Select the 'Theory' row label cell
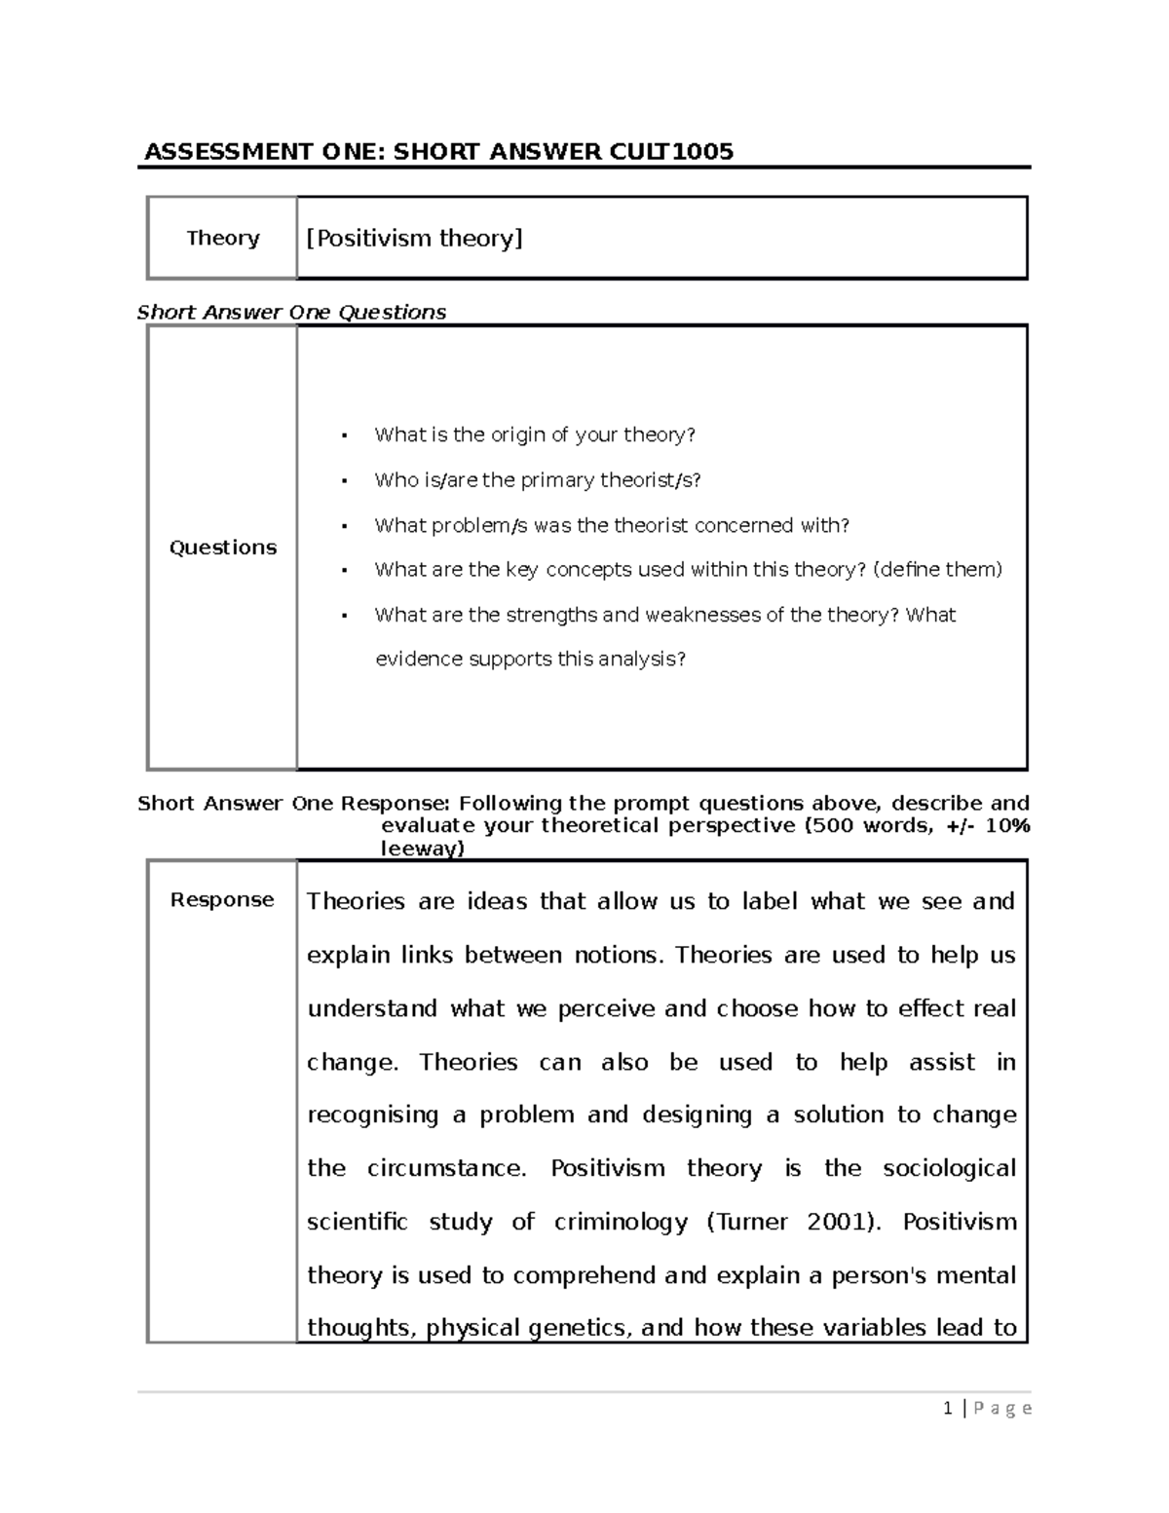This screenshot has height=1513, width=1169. [x=223, y=238]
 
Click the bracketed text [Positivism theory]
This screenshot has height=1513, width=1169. [x=415, y=238]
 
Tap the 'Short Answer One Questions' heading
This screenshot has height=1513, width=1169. [x=291, y=312]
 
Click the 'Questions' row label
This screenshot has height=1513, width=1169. [x=223, y=548]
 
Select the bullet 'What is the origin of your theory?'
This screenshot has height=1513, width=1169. [x=535, y=435]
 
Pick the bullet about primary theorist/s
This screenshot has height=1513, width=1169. [x=537, y=479]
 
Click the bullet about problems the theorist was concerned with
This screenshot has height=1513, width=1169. [x=612, y=525]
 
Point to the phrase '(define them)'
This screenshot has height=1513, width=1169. [x=938, y=569]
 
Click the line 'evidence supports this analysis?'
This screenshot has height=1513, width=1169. [x=531, y=659]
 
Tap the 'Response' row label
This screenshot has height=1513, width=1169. [x=222, y=899]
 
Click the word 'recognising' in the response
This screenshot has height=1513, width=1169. [x=373, y=1115]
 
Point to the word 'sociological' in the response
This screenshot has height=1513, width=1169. [x=949, y=1168]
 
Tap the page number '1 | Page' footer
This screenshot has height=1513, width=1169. [x=987, y=1408]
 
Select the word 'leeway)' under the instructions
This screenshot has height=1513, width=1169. [x=423, y=849]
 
